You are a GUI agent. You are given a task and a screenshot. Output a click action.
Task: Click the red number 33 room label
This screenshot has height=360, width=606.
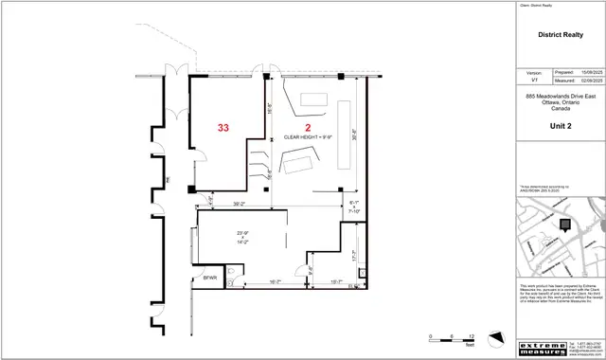(223, 127)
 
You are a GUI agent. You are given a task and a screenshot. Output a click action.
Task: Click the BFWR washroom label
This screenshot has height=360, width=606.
(210, 279)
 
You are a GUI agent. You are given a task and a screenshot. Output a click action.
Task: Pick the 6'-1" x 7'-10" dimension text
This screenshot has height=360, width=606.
(355, 207)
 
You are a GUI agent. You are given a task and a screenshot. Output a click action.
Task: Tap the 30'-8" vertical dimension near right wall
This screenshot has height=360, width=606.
(354, 134)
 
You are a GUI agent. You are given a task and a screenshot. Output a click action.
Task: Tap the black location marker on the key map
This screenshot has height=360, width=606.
(566, 225)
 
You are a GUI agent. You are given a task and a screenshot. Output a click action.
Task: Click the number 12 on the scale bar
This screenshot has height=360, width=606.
(471, 336)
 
